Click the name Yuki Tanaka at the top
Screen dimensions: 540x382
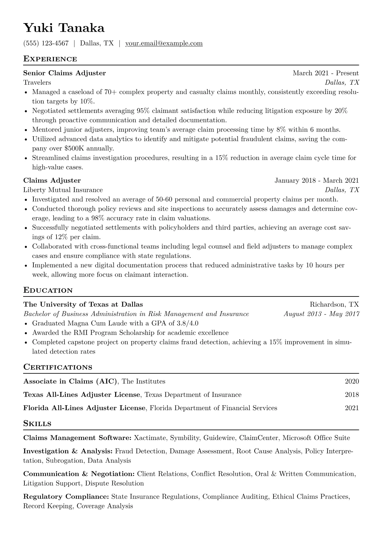point(64,28)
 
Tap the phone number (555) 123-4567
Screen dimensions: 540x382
point(46,43)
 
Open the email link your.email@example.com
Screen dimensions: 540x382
point(164,43)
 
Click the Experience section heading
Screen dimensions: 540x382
point(50,59)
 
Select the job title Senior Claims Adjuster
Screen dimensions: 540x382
point(65,73)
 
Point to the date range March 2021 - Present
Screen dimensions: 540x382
point(326,73)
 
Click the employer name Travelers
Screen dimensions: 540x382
point(37,83)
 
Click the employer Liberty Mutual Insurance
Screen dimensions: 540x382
point(63,190)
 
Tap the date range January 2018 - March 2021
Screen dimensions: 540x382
point(317,181)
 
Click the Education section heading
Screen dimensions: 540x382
point(48,290)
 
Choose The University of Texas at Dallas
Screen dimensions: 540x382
point(83,304)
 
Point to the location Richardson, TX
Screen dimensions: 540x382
point(334,304)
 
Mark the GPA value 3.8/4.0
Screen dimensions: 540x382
point(187,323)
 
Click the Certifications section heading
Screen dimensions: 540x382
point(58,367)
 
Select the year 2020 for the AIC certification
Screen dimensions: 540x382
point(352,381)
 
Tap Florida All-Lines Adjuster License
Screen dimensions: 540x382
point(84,408)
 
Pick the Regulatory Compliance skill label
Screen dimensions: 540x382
point(66,497)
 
